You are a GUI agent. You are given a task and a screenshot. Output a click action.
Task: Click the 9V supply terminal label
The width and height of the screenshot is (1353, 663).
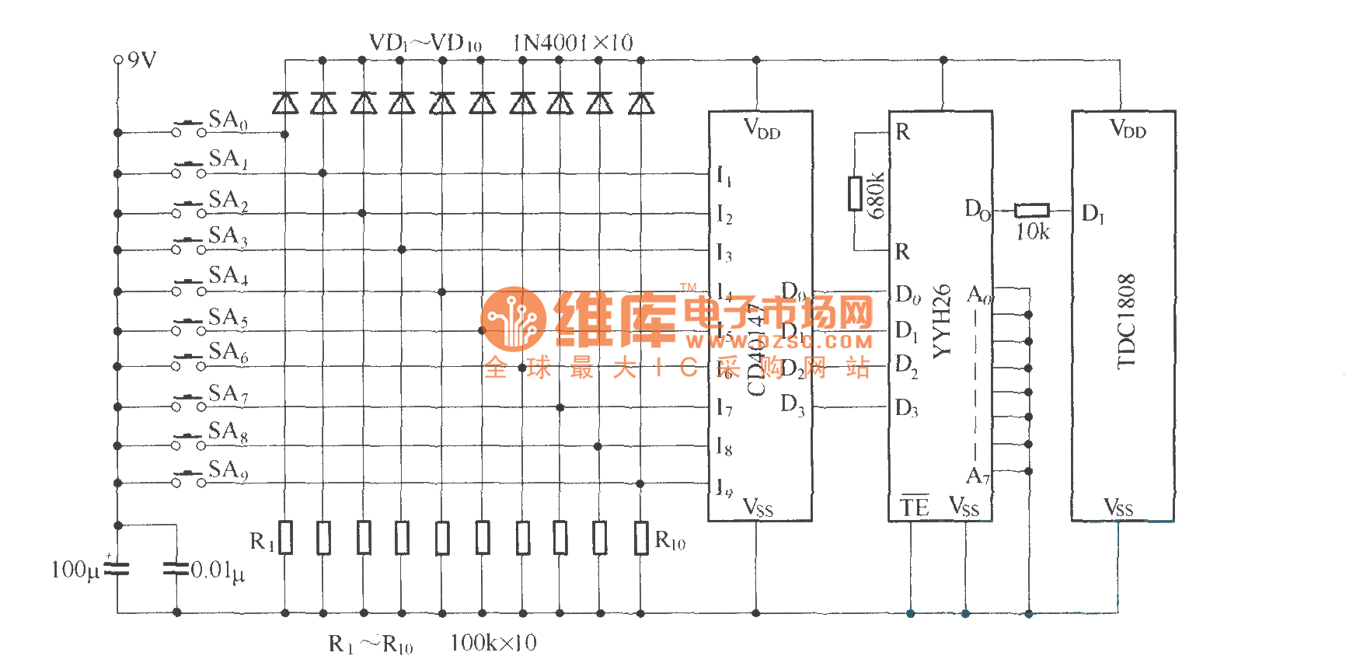click(141, 60)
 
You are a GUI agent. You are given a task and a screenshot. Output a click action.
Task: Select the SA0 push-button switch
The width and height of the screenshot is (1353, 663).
click(189, 128)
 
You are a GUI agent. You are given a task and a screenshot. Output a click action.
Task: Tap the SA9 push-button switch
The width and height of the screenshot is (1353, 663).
click(189, 479)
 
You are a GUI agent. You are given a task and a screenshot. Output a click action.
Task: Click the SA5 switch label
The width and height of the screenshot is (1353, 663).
click(228, 317)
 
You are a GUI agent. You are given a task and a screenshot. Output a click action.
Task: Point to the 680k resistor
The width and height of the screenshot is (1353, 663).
click(855, 193)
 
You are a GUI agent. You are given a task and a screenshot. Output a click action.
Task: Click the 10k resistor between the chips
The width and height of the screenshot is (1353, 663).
click(1032, 210)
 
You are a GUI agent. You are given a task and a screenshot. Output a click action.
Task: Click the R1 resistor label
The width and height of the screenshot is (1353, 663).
click(261, 541)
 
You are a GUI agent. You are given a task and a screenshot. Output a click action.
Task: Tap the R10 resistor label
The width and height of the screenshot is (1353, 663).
click(670, 540)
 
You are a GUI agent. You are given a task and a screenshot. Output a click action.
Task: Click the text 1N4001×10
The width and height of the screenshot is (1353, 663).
click(573, 43)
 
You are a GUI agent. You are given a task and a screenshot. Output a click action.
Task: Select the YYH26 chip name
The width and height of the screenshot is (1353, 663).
click(941, 320)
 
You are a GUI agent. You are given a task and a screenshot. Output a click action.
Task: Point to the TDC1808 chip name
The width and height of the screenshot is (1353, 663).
click(1126, 320)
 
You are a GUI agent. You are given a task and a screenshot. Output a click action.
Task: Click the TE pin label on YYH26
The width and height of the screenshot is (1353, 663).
click(915, 507)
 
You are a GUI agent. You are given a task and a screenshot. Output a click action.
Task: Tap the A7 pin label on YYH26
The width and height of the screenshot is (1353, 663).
click(978, 476)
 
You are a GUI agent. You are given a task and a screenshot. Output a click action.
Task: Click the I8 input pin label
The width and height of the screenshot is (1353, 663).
click(724, 447)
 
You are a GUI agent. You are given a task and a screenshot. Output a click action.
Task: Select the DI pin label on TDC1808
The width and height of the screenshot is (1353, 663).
click(1093, 213)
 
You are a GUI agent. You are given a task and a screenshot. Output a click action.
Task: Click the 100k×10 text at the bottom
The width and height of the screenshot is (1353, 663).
click(493, 643)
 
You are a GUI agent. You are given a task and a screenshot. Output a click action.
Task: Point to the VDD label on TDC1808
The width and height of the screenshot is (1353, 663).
click(1128, 128)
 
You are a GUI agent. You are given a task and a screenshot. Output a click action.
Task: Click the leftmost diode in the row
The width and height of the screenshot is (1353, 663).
click(285, 103)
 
